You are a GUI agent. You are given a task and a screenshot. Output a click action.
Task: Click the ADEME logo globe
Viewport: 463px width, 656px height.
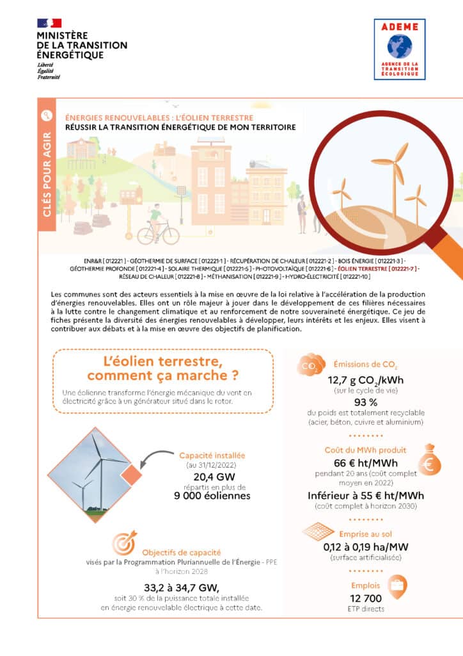(399, 46)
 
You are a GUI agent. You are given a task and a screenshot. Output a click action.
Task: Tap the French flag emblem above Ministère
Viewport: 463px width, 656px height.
(50, 23)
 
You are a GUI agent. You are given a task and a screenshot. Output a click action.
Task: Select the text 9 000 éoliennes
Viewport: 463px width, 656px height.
(212, 495)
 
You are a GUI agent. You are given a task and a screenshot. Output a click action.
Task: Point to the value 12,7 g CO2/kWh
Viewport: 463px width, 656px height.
(365, 380)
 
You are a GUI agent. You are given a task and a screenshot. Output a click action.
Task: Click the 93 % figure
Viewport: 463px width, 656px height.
(365, 402)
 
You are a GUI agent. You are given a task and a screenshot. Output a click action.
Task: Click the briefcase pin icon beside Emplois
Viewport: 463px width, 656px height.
(397, 585)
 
